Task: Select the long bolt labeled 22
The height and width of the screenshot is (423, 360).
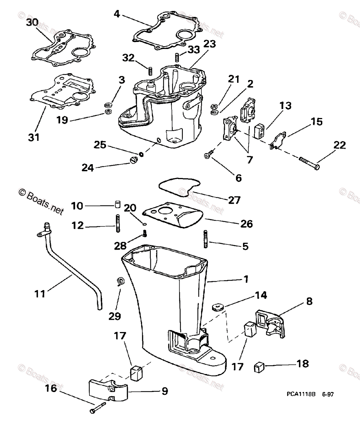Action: point(310,163)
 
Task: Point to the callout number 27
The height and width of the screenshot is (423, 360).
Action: point(234,200)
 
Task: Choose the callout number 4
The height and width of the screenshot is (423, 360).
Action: point(117,14)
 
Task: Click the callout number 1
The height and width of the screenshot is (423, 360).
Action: point(246,279)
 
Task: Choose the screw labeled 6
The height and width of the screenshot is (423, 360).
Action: point(208,154)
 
